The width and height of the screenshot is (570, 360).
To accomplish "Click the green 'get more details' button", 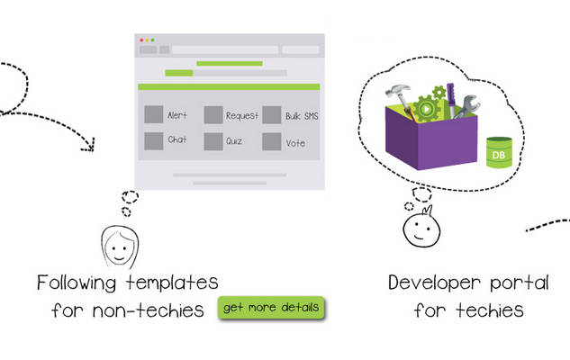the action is point(271,308).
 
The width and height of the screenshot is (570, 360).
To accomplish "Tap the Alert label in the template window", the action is point(177,115).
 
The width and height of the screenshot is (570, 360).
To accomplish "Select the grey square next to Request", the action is point(213,115).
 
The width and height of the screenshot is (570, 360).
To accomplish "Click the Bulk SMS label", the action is point(302,116).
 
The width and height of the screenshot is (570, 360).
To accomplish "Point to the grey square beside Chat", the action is point(154,141).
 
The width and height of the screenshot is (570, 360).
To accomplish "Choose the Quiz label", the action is point(234,141).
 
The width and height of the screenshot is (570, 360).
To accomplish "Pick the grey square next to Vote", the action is point(272,141).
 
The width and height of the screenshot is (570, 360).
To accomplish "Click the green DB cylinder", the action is point(499,153).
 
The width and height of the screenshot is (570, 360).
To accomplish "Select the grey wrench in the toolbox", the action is point(466,105).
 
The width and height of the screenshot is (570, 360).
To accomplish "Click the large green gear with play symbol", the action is point(427,109).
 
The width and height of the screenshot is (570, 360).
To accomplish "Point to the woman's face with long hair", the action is point(120,247).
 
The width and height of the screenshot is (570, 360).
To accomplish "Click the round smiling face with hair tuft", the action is point(421,228).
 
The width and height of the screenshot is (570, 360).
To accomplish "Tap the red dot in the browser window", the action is point(141,40).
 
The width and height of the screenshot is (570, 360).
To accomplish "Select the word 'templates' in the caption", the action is point(172,283).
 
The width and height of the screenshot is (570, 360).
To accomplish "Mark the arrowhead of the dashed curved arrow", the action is point(89,145).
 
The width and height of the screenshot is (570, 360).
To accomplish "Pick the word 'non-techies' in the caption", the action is point(148,310).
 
